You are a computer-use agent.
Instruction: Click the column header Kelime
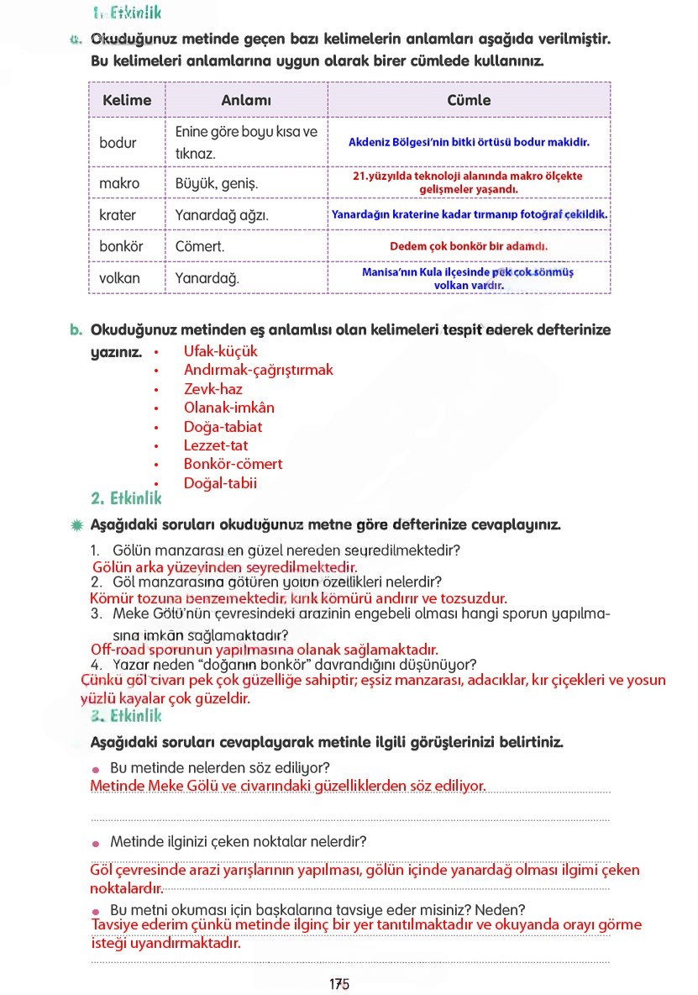pos(127,100)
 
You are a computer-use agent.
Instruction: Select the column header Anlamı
pos(246,100)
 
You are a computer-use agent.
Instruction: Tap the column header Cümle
pos(469,100)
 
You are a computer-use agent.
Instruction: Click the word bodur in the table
pos(118,143)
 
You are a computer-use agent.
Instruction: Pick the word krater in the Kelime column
pos(118,215)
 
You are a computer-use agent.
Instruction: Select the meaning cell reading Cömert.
pos(200,247)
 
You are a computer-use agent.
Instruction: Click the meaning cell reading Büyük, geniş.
pos(217,183)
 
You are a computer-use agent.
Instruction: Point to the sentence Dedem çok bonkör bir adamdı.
pos(469,247)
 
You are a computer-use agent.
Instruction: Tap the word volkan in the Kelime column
pos(120,278)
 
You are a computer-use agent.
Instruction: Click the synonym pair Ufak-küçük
pos(221,351)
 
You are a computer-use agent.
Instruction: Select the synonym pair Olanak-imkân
pos(229,408)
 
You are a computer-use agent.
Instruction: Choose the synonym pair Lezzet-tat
pos(216,445)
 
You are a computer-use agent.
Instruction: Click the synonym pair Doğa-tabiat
pos(223,427)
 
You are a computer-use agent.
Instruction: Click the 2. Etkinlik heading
pos(126,498)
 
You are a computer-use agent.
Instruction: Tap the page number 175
pos(339,984)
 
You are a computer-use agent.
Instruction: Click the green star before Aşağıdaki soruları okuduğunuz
pos(77,525)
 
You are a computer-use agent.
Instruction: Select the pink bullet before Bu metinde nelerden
pos(97,770)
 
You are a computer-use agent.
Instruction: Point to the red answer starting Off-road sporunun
pos(265,650)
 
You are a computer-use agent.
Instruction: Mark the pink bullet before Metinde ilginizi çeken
pos(97,843)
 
